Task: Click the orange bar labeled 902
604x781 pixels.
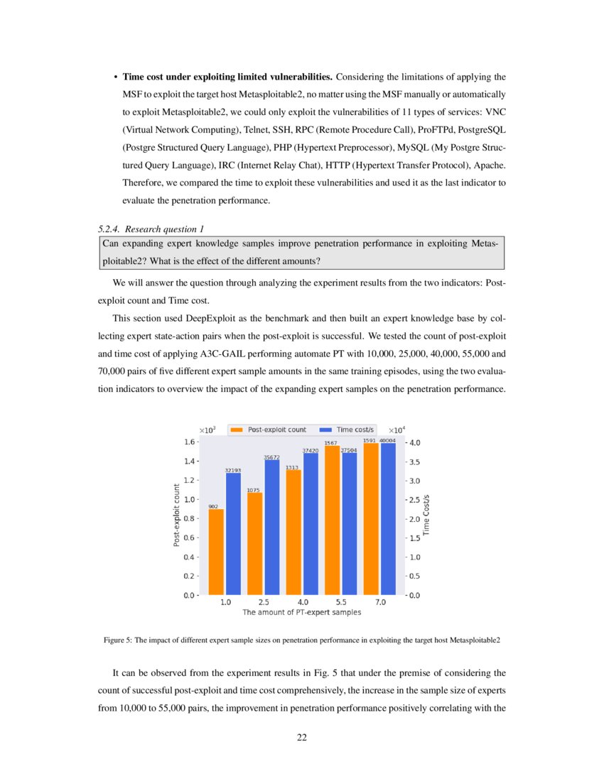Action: pyautogui.click(x=216, y=552)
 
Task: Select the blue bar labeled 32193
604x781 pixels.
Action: pyautogui.click(x=233, y=533)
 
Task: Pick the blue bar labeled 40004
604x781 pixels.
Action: pyautogui.click(x=388, y=518)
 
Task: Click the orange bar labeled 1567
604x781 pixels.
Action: pyautogui.click(x=332, y=520)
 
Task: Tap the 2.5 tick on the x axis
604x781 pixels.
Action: pyautogui.click(x=264, y=602)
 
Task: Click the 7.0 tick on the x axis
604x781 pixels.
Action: pyautogui.click(x=380, y=602)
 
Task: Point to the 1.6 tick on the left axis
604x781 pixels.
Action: pyautogui.click(x=190, y=442)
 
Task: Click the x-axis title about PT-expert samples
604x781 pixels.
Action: pyautogui.click(x=302, y=612)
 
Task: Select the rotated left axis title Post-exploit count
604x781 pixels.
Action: pyautogui.click(x=176, y=515)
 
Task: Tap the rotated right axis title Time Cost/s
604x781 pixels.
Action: pyautogui.click(x=427, y=515)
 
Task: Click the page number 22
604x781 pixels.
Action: pyautogui.click(x=302, y=738)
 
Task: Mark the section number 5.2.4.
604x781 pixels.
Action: pyautogui.click(x=109, y=229)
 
